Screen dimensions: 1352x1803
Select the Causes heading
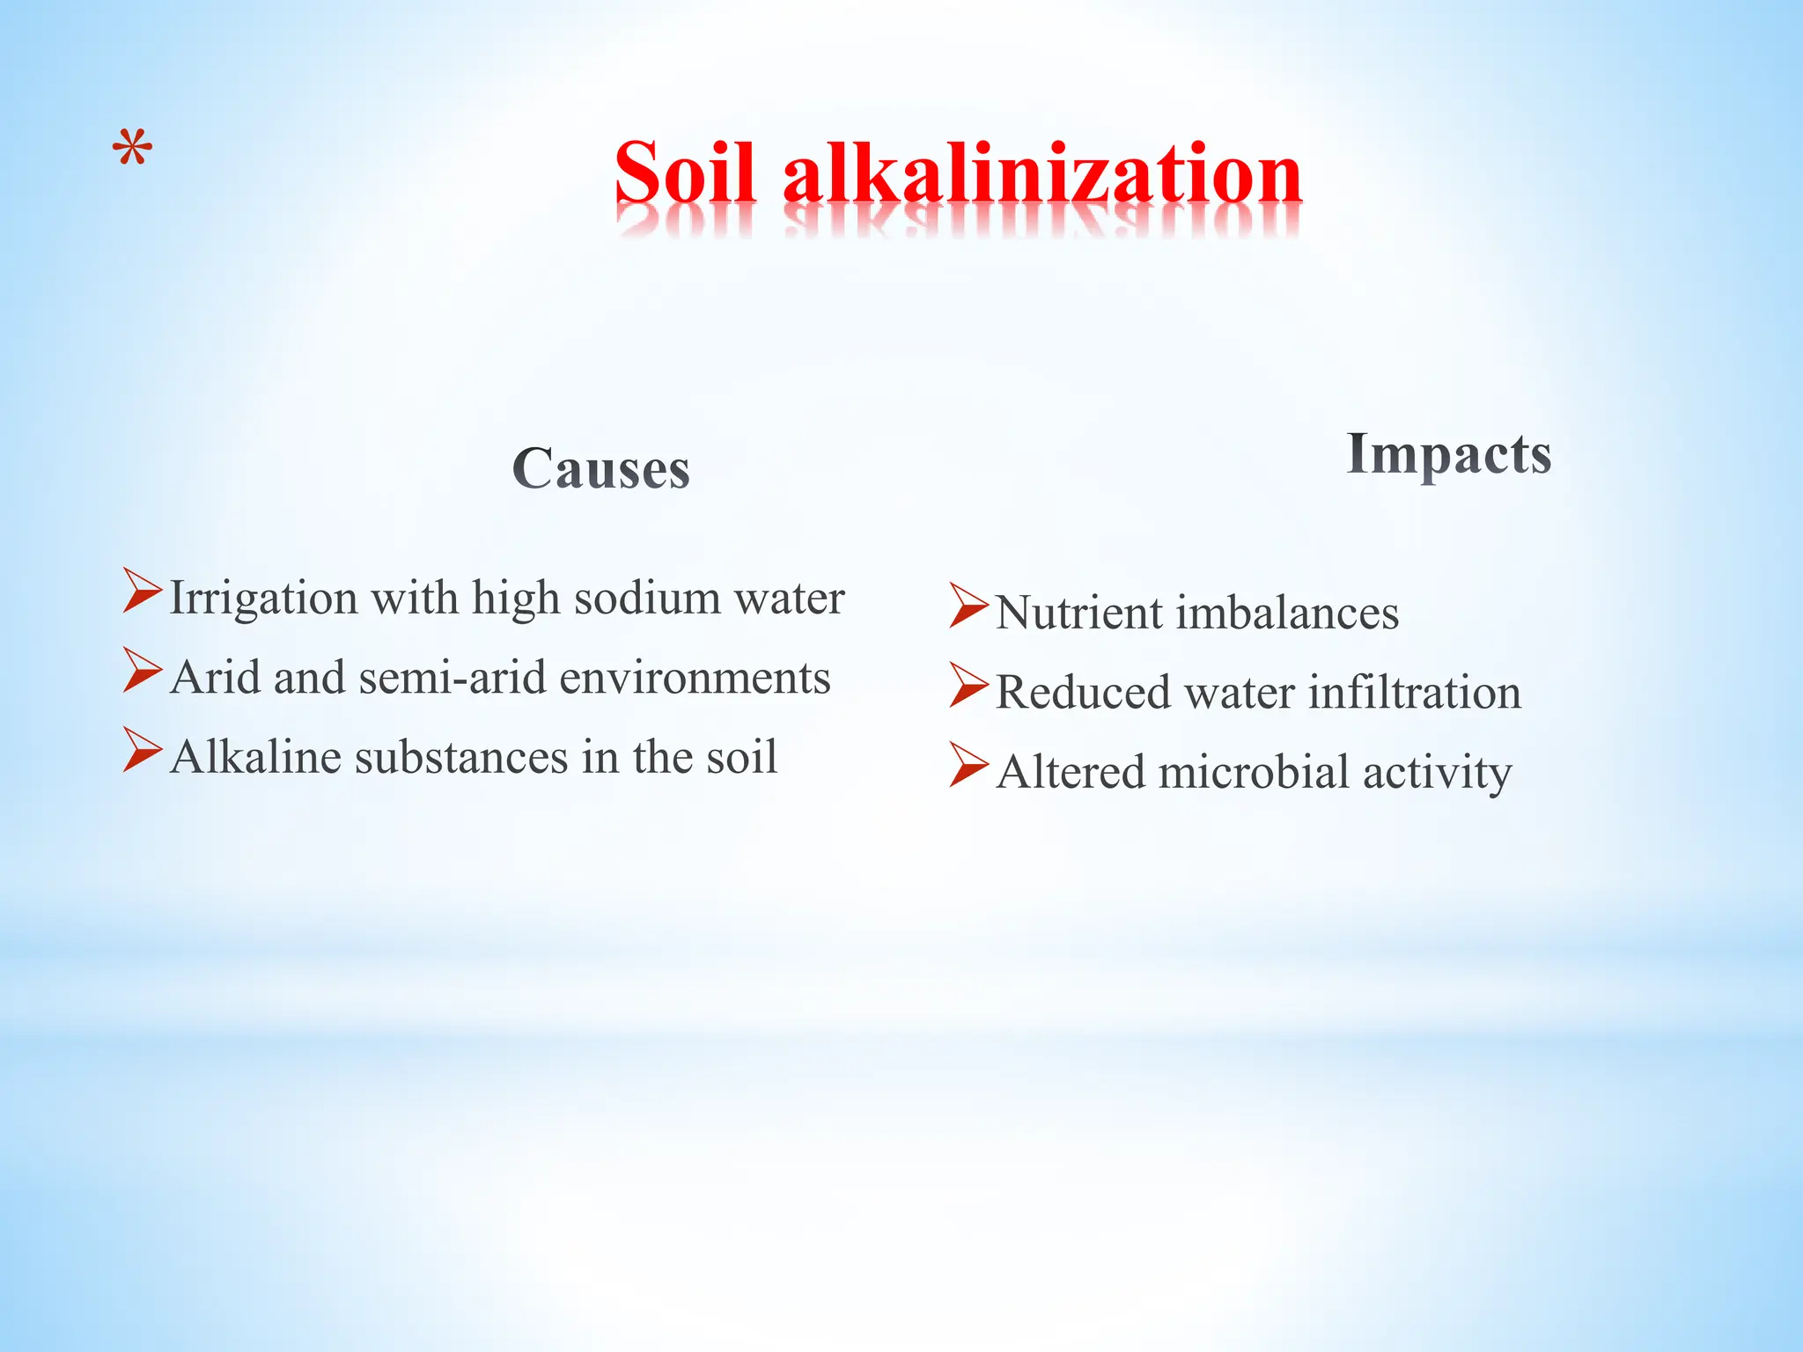(x=601, y=468)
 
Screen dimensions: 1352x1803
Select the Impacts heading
(x=1449, y=454)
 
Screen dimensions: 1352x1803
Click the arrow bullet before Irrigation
(x=143, y=591)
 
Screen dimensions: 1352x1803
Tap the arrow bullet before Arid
(x=143, y=670)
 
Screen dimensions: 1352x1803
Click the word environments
(x=695, y=678)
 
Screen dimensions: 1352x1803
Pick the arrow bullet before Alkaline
(x=143, y=750)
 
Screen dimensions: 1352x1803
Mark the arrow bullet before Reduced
(x=969, y=686)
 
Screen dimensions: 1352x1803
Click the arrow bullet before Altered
(x=969, y=765)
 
